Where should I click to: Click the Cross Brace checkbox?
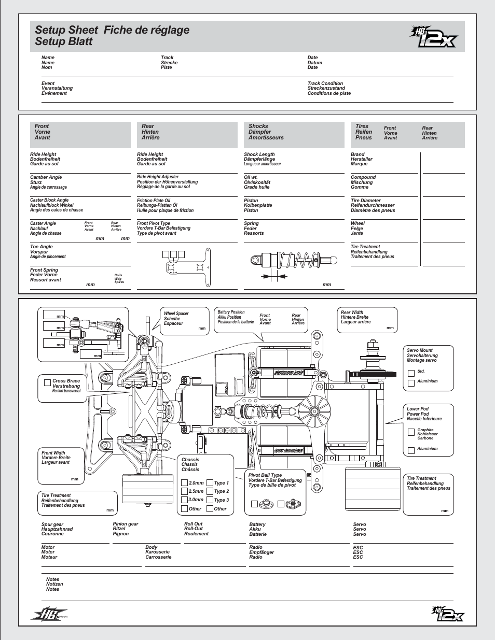pos(47,382)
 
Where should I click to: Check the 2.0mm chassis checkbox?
pos(184,483)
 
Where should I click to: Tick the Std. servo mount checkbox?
pos(411,373)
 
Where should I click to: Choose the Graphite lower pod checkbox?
pos(411,432)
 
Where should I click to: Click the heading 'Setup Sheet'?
pos(66,30)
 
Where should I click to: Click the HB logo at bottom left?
pos(50,615)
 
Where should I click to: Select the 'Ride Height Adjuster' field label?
pos(158,177)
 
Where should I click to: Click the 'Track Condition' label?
pos(325,83)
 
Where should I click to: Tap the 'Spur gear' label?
pos(52,524)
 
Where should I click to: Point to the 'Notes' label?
pos(52,579)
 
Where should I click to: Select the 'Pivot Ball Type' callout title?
pos(265,475)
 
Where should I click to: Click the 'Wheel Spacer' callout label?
pos(176,314)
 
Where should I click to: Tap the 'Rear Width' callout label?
pos(352,312)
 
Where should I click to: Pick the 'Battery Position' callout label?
pos(231,312)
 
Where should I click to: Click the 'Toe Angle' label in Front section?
pos(42,247)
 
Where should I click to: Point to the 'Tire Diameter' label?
pos(366,201)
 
